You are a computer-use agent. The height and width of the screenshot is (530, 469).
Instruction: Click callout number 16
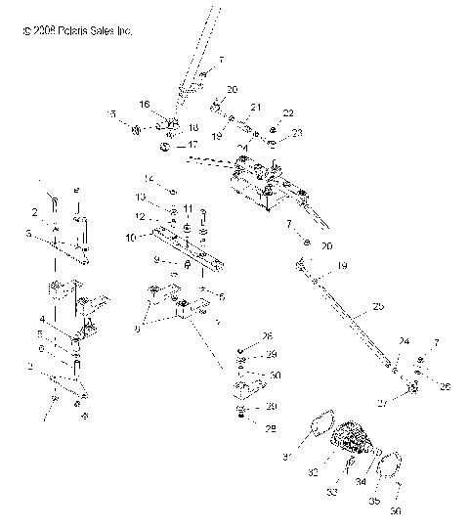tap(144, 104)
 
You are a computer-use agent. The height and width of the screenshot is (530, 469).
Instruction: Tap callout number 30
tap(275, 375)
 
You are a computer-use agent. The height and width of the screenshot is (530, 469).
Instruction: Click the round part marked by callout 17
tap(166, 148)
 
